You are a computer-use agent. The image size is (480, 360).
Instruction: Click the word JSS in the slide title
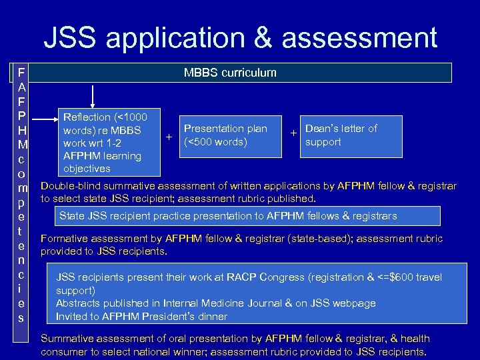point(71,38)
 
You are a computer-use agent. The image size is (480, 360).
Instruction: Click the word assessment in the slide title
point(359,38)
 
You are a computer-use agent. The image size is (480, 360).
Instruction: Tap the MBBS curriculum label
point(230,73)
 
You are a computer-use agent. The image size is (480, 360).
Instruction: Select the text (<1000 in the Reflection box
point(139,117)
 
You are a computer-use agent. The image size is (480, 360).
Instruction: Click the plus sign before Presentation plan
point(169,136)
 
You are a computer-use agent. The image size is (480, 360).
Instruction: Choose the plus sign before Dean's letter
point(293,133)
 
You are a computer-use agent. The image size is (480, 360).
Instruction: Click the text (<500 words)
point(215,142)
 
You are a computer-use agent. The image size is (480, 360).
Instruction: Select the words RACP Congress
point(251,277)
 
